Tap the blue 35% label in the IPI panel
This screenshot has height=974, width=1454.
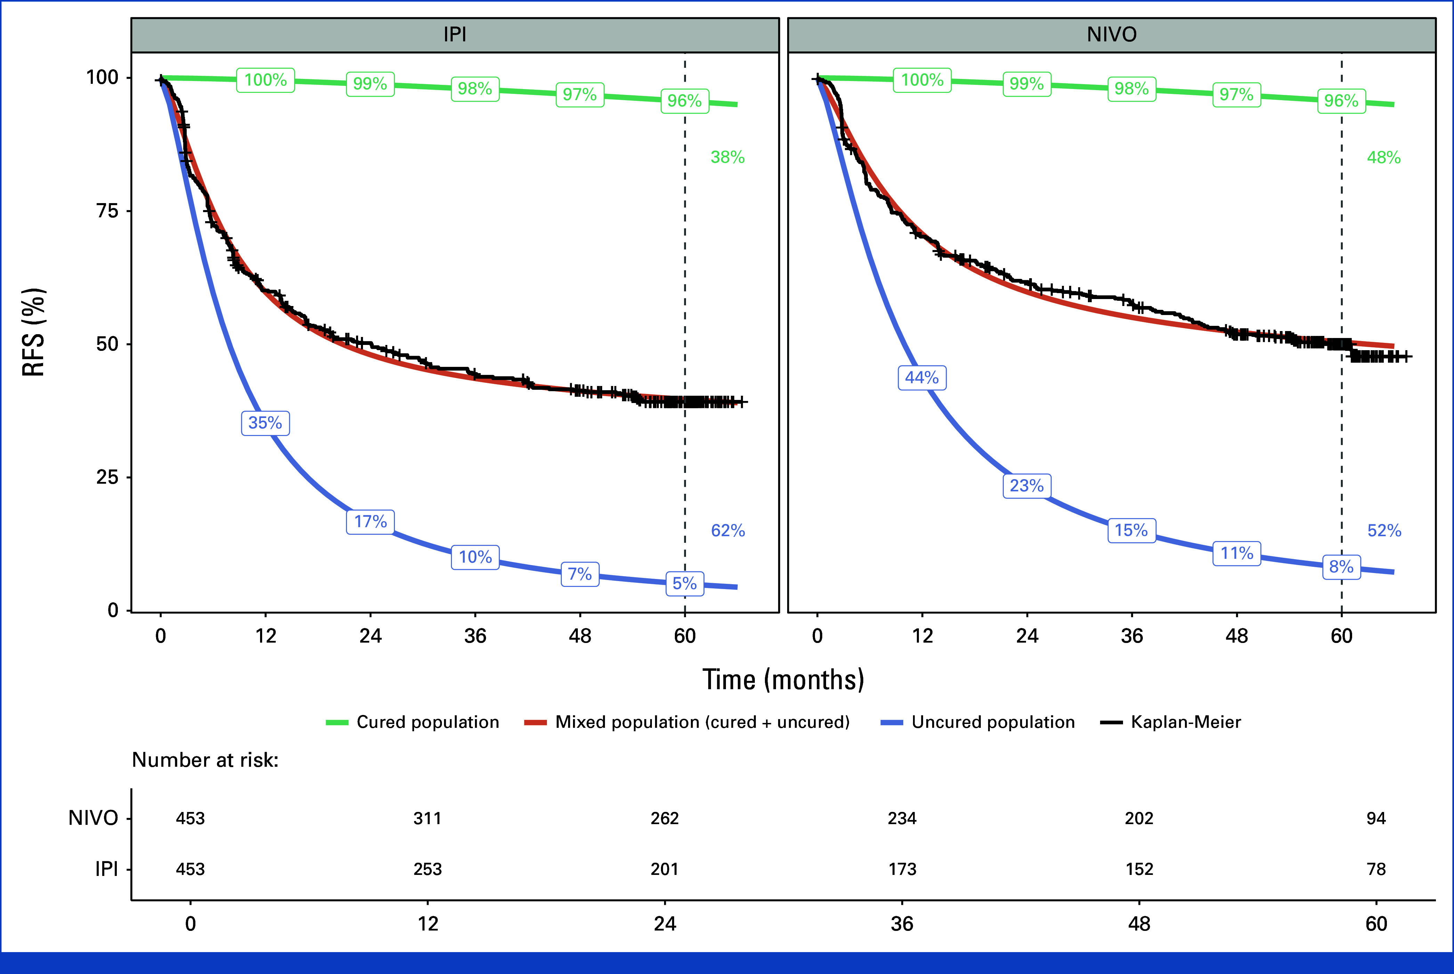tap(265, 423)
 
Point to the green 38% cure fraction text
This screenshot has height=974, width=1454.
tap(727, 157)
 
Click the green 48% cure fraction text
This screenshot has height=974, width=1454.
tap(1384, 157)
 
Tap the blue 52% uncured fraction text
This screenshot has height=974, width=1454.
tap(1384, 531)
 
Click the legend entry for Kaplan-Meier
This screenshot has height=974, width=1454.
tap(1170, 722)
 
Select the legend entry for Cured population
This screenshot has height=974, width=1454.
tap(412, 722)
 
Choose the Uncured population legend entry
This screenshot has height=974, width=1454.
tap(978, 722)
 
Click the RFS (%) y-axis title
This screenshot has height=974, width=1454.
tap(33, 332)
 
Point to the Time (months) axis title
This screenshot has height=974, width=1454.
tap(783, 679)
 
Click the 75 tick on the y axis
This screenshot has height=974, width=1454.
tap(107, 211)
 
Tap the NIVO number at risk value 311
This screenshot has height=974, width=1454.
tap(427, 818)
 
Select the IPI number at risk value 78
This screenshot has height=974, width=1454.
tap(1376, 869)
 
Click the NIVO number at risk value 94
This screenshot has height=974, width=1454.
tap(1376, 818)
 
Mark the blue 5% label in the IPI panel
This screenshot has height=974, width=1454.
tap(685, 583)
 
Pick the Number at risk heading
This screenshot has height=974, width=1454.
tap(205, 760)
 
